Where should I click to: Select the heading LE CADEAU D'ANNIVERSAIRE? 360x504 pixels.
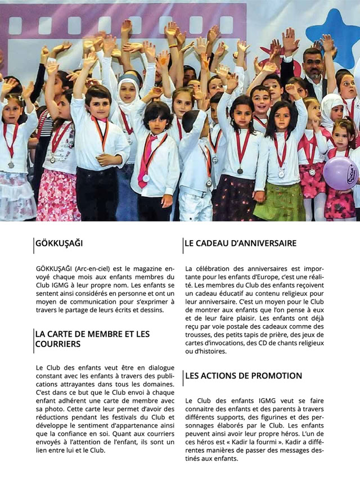pyautogui.click(x=240, y=244)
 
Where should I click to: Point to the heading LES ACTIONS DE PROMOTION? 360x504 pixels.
pyautogui.click(x=244, y=376)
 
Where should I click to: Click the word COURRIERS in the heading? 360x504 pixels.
pyautogui.click(x=57, y=344)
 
